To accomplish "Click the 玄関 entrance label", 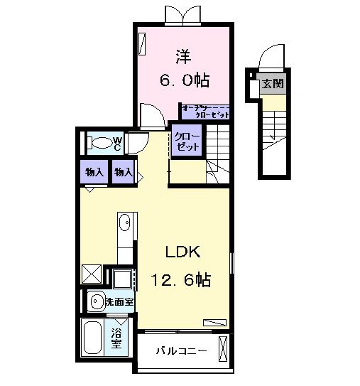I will coord(272,83).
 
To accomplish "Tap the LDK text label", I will coord(184,252).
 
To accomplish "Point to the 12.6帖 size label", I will coord(180,280).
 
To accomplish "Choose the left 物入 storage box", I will coord(94,172).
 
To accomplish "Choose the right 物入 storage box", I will coord(124,172).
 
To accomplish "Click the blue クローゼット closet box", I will coord(188,139).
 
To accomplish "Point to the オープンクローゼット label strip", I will coord(205,111).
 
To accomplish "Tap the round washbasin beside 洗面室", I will coord(96,301).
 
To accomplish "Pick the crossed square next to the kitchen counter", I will coord(92,274).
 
